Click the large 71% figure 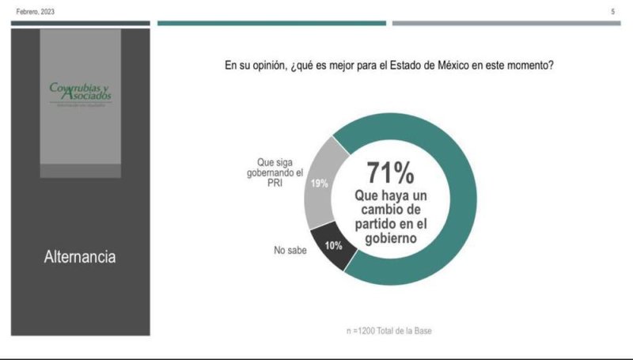389,173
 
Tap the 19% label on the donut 319,184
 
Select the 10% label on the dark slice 332,246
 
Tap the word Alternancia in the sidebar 80,257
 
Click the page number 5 612,12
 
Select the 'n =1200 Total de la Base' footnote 390,329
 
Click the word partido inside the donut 375,222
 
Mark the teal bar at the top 271,23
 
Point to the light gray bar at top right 506,23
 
